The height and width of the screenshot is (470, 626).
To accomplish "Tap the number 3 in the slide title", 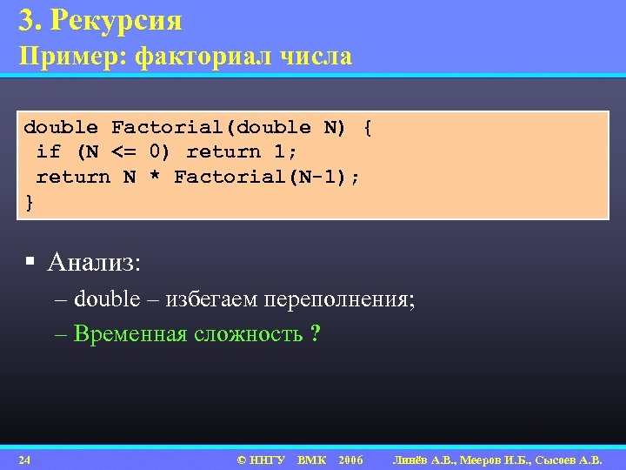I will (x=25, y=19).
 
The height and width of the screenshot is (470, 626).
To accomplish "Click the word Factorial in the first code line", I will (x=167, y=128).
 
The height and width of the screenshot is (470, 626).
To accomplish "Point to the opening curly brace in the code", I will (x=368, y=128).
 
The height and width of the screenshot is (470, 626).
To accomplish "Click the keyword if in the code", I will (x=48, y=152).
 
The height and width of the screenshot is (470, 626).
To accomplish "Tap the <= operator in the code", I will (x=123, y=152).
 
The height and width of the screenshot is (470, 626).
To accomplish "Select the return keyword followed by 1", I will (x=223, y=152).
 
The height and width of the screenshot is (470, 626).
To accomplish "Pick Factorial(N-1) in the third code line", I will (x=266, y=178).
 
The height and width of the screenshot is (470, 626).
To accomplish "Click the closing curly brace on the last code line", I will (x=30, y=202).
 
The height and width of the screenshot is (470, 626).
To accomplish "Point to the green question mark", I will (x=315, y=334).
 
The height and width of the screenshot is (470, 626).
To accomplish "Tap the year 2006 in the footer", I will (x=350, y=460).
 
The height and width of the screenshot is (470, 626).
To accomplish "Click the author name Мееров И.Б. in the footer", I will (x=497, y=460).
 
